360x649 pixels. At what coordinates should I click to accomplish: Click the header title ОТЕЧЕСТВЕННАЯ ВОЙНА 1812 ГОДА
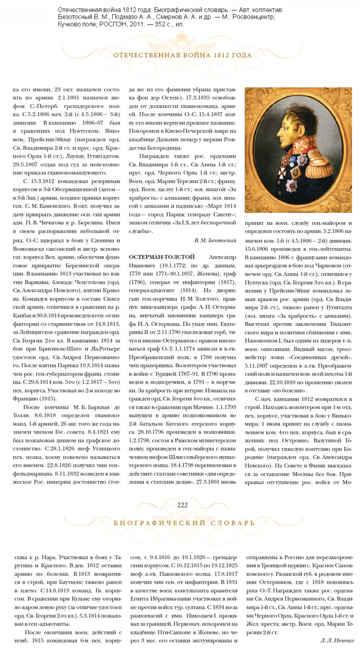182,56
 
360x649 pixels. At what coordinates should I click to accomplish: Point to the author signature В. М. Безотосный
215,240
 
